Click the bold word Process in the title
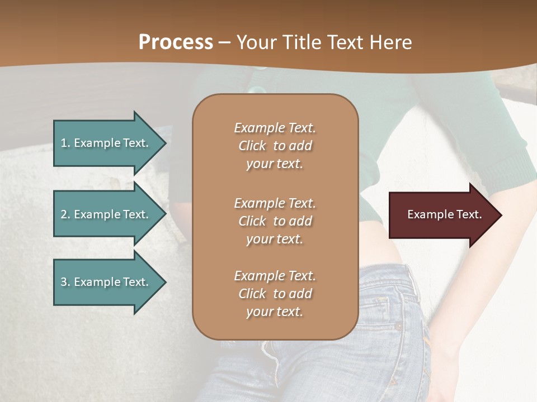pos(176,42)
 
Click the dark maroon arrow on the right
pos(442,214)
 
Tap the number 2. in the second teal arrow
pos(65,214)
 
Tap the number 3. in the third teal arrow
pos(65,282)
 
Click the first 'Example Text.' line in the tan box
pos(275,128)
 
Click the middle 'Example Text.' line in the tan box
pos(275,203)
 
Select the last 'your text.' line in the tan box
pos(275,312)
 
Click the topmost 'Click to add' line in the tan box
pos(275,146)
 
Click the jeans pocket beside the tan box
pos(392,313)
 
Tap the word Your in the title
pos(255,42)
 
